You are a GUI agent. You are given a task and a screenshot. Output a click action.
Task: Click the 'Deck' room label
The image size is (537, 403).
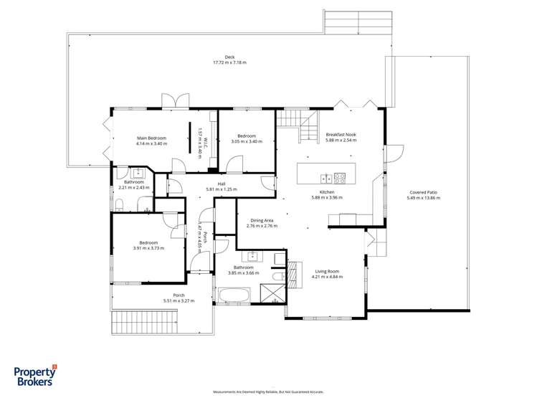229,57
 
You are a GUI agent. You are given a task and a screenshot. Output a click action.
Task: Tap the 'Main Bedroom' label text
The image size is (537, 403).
151,138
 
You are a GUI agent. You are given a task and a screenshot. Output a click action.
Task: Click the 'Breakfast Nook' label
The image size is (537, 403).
341,135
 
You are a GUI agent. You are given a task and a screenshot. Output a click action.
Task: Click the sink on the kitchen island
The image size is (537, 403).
326,179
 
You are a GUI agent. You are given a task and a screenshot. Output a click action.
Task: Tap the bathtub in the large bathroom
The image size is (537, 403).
234,295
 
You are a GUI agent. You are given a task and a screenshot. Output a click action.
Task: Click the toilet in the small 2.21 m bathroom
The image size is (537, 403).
120,205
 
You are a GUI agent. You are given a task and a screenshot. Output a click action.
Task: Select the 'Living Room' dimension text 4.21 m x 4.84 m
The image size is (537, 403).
327,277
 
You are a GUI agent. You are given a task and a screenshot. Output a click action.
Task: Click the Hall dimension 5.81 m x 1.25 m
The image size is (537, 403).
221,189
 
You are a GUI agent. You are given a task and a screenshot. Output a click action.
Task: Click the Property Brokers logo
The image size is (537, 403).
36,375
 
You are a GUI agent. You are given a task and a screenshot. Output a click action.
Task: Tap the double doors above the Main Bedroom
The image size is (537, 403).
176,101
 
